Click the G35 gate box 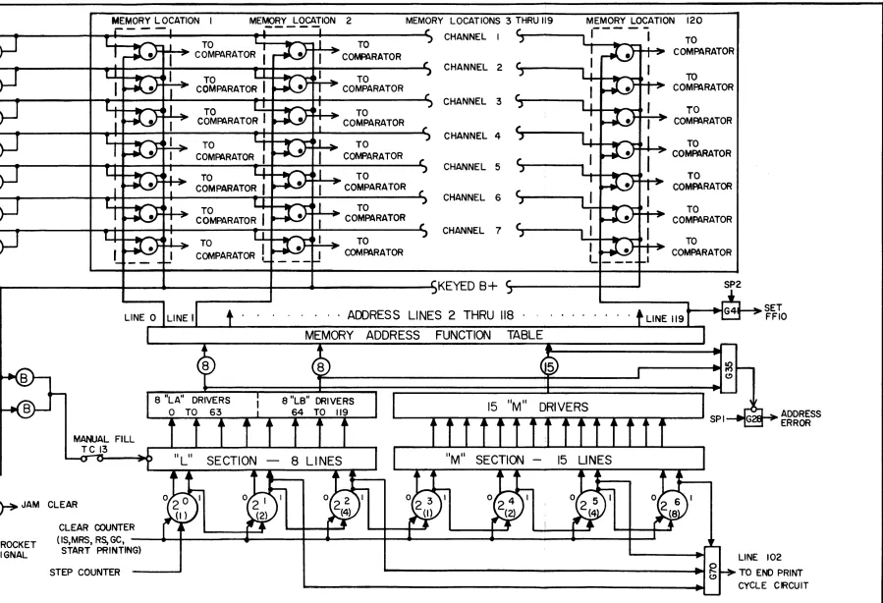click(729, 368)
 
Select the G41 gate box click(731, 310)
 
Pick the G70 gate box click(712, 570)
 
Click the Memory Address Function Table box click(425, 335)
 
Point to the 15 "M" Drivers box click(548, 406)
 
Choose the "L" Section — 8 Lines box click(262, 460)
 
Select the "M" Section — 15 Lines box click(548, 459)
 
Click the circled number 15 click(548, 367)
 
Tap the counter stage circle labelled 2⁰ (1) click(182, 508)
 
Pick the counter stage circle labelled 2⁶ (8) click(673, 506)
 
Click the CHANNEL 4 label click(471, 136)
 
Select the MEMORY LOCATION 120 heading click(644, 21)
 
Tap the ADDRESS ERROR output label click(800, 417)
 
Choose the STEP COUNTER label click(84, 572)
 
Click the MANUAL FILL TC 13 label click(103, 444)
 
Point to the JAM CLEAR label click(49, 505)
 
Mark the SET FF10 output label click(775, 312)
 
